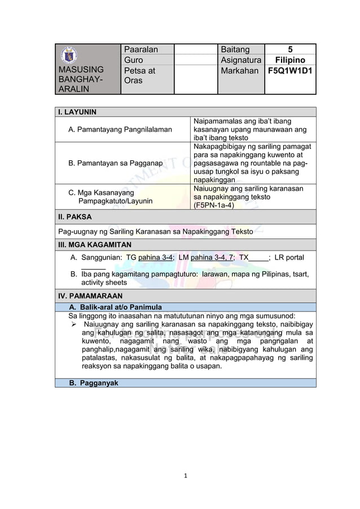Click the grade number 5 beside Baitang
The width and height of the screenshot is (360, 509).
tap(291, 50)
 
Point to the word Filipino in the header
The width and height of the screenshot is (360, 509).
tap(291, 60)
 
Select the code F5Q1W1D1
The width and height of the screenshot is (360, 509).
tap(291, 71)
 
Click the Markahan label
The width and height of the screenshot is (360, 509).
tap(241, 71)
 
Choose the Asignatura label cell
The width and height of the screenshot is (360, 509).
tap(242, 60)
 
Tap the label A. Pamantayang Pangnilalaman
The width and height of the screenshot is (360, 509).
tap(120, 130)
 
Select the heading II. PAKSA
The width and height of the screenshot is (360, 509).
tap(75, 216)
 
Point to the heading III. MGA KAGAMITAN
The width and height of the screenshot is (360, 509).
tap(95, 244)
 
